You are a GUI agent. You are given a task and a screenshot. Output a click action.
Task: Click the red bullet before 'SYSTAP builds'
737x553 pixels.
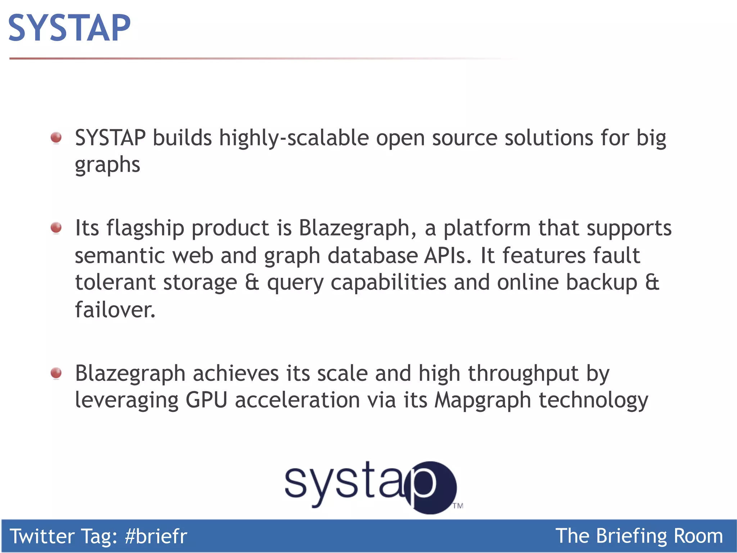click(x=56, y=138)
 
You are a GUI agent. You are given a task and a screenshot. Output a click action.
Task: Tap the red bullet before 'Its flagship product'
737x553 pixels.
click(x=56, y=228)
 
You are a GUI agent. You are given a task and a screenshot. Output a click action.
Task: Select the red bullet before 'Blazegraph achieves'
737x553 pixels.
click(x=56, y=373)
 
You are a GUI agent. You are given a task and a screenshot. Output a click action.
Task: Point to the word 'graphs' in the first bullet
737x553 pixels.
click(x=107, y=166)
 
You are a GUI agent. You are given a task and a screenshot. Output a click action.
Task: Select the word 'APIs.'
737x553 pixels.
click(x=448, y=256)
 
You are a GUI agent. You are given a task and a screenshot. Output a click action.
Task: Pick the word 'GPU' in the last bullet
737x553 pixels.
click(x=206, y=400)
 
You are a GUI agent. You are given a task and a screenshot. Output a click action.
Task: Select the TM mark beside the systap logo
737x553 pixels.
click(x=458, y=506)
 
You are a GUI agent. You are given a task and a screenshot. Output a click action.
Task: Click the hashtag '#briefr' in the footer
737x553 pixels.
click(x=156, y=536)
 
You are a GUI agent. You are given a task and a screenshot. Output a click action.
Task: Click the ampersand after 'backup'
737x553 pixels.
click(x=652, y=282)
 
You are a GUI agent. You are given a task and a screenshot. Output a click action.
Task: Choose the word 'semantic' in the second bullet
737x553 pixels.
click(x=119, y=256)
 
